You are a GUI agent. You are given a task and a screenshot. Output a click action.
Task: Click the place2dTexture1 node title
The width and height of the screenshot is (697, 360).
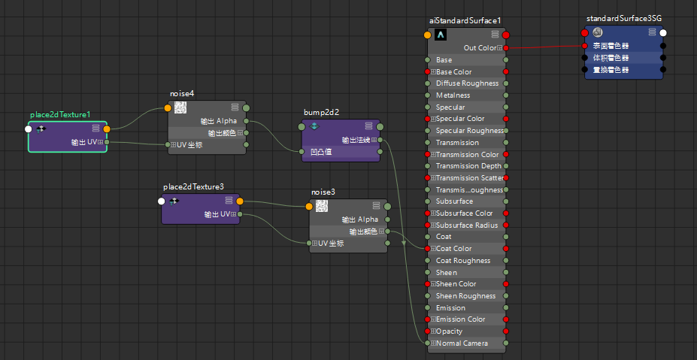(60, 115)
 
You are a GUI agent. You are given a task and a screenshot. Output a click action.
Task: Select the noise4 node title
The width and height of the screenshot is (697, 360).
(182, 94)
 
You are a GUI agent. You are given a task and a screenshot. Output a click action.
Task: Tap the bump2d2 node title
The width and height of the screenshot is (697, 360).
(321, 112)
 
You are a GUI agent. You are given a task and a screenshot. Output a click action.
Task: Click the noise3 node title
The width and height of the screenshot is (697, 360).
(323, 192)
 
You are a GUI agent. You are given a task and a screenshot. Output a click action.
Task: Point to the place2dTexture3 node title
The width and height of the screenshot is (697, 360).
(193, 186)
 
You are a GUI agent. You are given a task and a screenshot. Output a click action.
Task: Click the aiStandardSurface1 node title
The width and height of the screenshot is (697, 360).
(465, 20)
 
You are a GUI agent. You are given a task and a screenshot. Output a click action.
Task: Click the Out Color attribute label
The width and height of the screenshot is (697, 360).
(480, 47)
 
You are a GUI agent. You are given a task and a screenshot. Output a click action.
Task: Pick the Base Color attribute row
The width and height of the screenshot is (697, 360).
(467, 71)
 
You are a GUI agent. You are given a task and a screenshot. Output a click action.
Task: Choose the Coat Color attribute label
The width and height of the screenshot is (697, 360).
(454, 249)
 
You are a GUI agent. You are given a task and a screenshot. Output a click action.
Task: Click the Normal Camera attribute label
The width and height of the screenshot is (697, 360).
(462, 343)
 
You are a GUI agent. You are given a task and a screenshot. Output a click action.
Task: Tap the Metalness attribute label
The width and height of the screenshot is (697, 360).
(453, 95)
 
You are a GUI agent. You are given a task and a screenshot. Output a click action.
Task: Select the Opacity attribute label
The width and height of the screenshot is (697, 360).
(450, 331)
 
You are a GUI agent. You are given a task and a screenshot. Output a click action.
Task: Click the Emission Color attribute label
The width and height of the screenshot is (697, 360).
(460, 319)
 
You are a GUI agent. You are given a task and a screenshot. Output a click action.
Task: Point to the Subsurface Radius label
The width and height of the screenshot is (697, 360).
(467, 225)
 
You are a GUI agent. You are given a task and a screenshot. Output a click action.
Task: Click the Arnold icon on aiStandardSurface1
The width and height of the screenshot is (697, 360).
(441, 35)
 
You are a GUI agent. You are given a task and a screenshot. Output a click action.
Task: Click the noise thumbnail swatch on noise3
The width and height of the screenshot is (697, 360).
(321, 206)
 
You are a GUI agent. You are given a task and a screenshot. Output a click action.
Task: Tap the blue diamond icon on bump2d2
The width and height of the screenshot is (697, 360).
(314, 126)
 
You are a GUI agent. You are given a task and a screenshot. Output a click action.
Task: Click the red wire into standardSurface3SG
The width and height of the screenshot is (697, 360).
(545, 47)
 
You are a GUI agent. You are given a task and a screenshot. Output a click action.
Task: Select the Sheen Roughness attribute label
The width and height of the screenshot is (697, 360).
(466, 295)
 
